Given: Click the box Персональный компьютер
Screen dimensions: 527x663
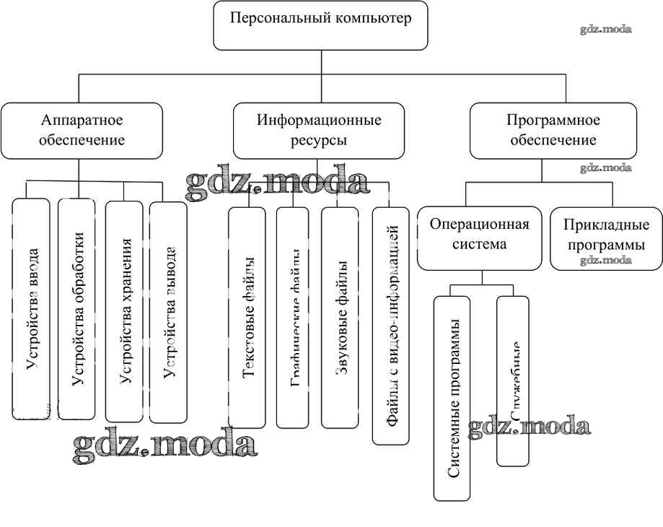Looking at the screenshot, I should tap(320, 25).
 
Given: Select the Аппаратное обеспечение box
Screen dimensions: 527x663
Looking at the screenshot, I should tap(82, 131).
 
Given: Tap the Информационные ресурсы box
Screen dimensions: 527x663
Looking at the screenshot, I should tap(319, 131).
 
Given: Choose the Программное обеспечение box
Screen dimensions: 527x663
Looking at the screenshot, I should tap(553, 131).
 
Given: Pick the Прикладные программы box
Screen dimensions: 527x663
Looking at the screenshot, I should tap(606, 235).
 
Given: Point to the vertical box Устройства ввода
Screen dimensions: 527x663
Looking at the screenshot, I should tap(32, 309).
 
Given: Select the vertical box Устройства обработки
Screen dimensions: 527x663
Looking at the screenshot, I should tap(76, 309).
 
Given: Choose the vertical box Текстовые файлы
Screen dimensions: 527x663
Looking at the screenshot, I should tap(247, 318).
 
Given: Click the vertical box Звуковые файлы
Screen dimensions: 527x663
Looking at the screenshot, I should tap(340, 318).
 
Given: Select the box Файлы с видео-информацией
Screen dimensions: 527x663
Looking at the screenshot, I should tap(391, 325).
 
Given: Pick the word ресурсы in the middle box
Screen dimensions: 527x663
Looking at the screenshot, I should tap(319, 140).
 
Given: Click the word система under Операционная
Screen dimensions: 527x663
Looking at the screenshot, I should tap(479, 244).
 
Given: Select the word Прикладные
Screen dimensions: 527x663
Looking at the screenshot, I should tap(606, 225).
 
